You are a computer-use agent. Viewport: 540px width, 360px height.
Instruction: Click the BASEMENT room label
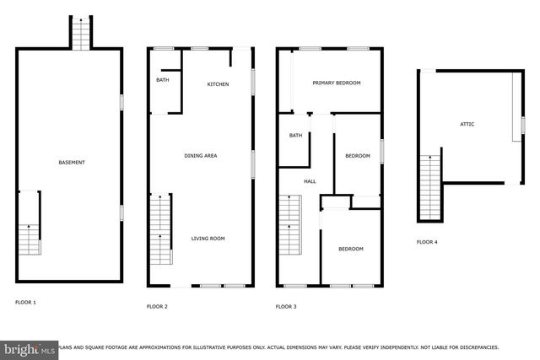tap(71, 162)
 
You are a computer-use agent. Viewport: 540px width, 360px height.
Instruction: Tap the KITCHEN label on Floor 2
tap(219, 84)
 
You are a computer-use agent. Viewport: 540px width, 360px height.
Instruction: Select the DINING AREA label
tap(202, 155)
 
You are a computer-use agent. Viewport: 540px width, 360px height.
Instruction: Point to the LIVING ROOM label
tap(208, 239)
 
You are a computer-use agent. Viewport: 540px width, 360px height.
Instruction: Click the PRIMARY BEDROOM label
tap(337, 83)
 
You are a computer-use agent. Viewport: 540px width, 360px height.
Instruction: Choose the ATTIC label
tap(467, 124)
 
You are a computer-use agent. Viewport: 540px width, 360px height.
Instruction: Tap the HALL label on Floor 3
tap(310, 181)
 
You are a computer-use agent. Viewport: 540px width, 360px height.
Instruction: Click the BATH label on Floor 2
tap(162, 80)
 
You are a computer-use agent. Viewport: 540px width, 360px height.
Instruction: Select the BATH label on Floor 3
tap(295, 135)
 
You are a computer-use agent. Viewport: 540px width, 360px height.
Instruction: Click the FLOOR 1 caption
tap(26, 302)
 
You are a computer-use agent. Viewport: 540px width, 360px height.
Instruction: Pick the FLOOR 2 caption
tap(157, 306)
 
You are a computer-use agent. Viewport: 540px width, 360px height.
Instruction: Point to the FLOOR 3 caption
tap(286, 306)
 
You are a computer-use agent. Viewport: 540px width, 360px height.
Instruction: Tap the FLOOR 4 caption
tap(427, 242)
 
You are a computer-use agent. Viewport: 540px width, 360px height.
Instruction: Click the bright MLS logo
tap(29, 347)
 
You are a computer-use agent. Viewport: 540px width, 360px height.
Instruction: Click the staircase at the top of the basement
tap(81, 34)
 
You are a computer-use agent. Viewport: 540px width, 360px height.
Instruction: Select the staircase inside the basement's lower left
tap(29, 223)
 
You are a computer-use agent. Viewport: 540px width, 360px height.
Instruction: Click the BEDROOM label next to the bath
tap(358, 156)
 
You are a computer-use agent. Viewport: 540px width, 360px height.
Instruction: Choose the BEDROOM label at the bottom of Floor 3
tap(351, 249)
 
